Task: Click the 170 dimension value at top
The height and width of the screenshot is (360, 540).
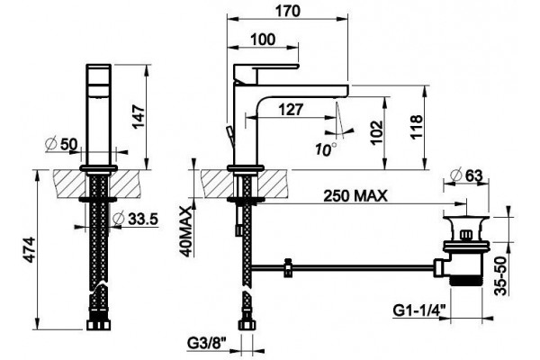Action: coord(288,12)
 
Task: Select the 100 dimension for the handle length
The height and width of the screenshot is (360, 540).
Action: coord(263,40)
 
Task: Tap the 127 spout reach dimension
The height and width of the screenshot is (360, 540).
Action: coord(291,110)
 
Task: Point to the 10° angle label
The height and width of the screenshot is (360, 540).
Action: coord(326,149)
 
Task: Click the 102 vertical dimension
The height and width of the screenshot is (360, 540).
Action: coord(377,132)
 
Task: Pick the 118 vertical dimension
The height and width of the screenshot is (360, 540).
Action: coord(416,126)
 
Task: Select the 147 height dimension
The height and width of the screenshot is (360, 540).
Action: coord(139,117)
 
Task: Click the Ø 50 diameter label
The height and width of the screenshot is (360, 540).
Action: coord(61,144)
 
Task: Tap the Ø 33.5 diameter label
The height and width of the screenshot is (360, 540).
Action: coord(136,219)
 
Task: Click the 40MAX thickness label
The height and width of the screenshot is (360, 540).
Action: coord(186,231)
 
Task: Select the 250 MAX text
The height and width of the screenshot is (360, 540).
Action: coord(355,196)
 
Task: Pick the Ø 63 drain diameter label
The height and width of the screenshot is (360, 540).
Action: coord(466,175)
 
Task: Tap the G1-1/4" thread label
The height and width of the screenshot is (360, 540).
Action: coord(418,311)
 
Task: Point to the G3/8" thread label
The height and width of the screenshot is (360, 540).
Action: coord(207,343)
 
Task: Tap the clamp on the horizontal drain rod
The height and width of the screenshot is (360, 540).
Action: coord(287,267)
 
